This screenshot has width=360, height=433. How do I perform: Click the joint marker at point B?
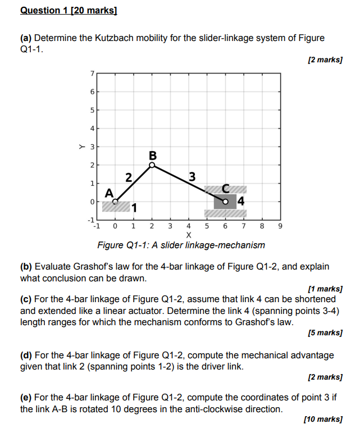point(152,165)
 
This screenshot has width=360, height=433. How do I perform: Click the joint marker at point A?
point(115,201)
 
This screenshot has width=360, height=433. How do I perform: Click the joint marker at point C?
point(225,202)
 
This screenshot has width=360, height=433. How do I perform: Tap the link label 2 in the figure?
point(129,178)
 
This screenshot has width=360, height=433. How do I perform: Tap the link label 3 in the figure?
point(192,177)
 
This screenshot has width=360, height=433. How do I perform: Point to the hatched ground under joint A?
point(116,207)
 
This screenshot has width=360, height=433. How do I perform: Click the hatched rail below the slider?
point(225,213)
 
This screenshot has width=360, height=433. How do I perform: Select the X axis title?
point(188,235)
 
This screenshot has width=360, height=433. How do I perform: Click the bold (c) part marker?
point(26,299)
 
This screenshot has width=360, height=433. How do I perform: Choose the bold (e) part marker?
point(26,398)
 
